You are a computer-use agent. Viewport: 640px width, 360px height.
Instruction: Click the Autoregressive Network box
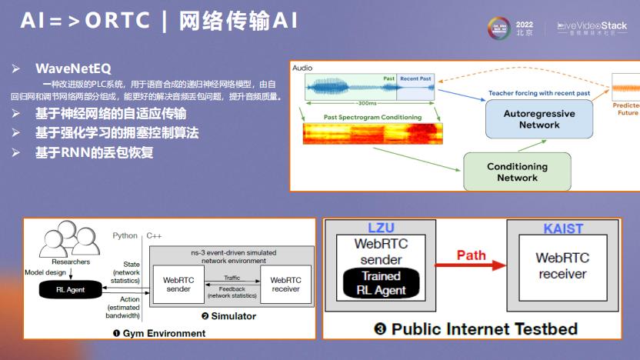538,119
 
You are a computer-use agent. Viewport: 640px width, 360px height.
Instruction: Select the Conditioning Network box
517,172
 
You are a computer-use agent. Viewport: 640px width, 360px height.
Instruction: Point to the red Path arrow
472,265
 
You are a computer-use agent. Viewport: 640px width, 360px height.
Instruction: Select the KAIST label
563,228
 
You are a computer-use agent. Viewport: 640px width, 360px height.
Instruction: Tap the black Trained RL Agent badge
381,282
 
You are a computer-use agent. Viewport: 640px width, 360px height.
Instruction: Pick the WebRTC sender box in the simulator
178,285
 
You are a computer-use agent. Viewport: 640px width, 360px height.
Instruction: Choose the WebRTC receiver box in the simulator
285,285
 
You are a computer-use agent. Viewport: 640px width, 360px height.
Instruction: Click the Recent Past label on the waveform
415,78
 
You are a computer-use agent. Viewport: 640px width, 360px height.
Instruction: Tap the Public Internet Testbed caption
475,329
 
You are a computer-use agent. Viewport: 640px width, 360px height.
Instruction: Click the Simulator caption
228,316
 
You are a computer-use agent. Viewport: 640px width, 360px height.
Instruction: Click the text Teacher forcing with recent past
539,93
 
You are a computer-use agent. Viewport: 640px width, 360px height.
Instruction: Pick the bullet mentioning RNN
94,152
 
